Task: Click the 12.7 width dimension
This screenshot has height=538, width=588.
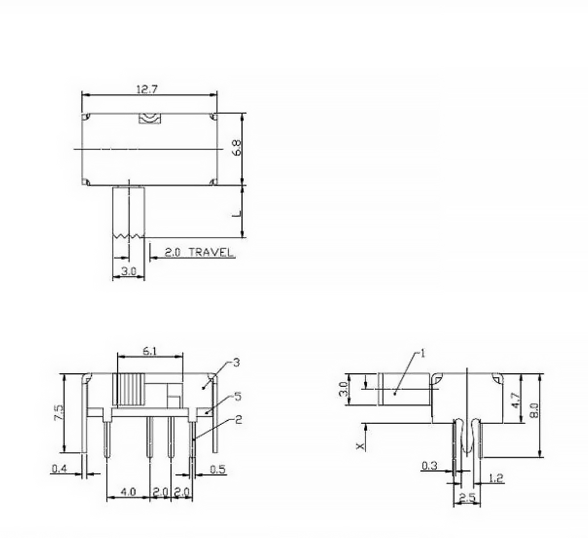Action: (x=147, y=89)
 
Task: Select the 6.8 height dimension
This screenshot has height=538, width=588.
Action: (x=237, y=147)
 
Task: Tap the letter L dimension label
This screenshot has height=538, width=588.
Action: (x=236, y=214)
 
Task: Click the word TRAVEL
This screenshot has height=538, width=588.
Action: (x=211, y=252)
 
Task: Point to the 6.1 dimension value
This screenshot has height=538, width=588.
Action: (x=149, y=351)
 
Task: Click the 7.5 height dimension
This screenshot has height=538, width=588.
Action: (x=59, y=412)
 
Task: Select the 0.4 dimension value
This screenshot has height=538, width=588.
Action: (x=59, y=468)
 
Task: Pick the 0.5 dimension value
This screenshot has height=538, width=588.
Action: (x=218, y=469)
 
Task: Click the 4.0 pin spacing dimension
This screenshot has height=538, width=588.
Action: (x=128, y=491)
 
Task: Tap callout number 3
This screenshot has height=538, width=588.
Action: (x=236, y=362)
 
